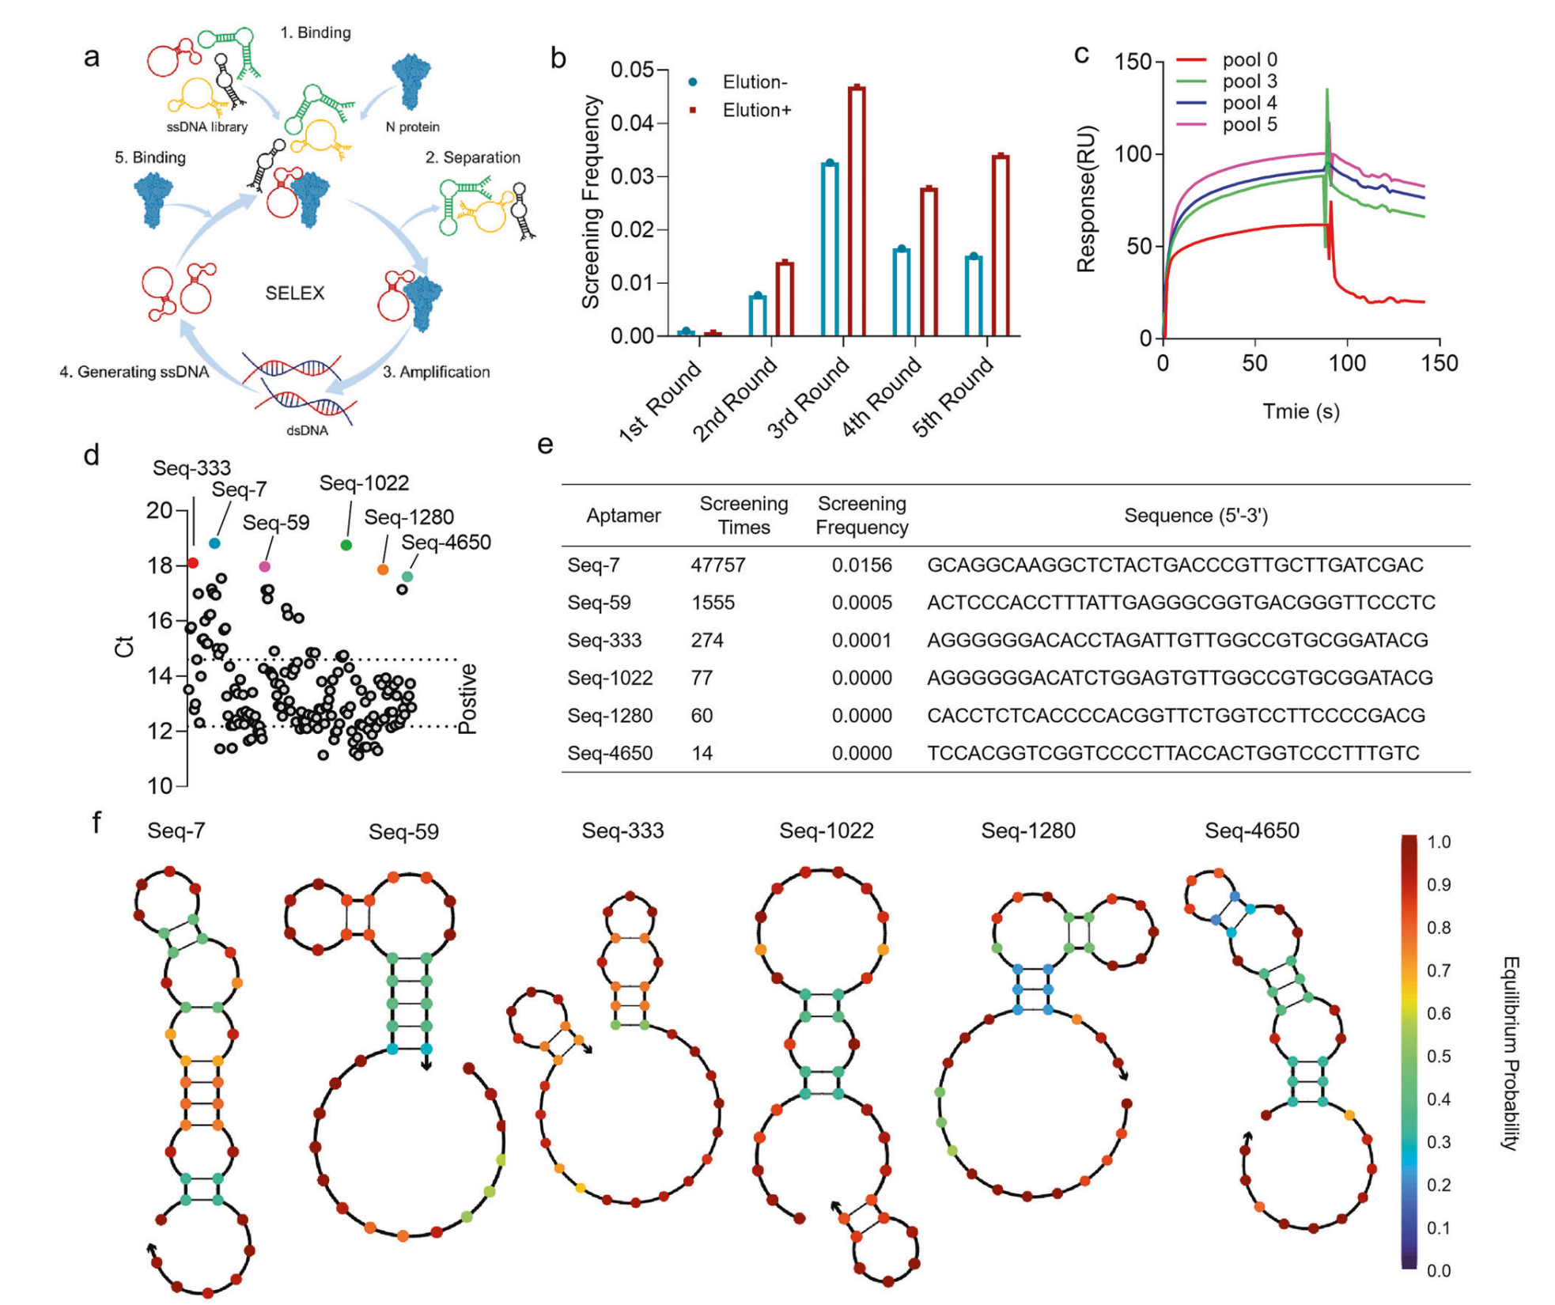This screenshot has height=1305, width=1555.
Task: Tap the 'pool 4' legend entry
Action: point(1249,103)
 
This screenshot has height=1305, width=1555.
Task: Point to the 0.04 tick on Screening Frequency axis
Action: point(632,123)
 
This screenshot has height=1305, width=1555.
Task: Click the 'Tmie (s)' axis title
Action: point(1300,411)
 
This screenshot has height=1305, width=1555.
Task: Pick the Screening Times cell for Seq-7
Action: point(717,565)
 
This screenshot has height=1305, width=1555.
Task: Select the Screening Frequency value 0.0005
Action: point(861,603)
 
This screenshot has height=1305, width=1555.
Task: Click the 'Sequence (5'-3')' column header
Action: point(1195,516)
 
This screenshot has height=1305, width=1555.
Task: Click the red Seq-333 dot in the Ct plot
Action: point(193,563)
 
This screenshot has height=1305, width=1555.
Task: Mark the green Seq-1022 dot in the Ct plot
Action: point(346,545)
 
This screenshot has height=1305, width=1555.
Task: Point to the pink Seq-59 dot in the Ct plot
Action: point(265,566)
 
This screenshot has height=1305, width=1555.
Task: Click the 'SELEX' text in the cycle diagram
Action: point(294,293)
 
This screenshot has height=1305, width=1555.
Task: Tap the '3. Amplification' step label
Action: point(436,372)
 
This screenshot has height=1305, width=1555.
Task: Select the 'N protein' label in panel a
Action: point(412,127)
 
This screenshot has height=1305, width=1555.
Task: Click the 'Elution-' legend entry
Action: point(755,82)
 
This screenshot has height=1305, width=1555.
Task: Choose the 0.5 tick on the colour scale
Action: point(1438,1057)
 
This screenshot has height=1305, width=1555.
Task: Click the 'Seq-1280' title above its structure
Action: point(1027,830)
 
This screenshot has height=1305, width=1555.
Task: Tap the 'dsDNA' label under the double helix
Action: point(307,431)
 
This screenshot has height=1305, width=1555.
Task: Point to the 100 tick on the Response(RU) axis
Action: point(1133,153)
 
